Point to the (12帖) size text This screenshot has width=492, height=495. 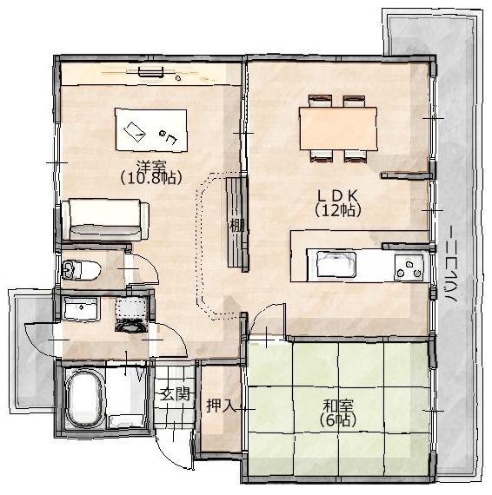tap(338, 210)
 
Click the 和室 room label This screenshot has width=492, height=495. tap(337, 405)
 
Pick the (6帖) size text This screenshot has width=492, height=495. tap(337, 419)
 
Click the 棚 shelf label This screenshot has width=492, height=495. tap(236, 225)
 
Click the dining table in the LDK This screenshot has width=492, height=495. tap(338, 129)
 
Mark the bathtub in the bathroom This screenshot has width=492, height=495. tap(84, 399)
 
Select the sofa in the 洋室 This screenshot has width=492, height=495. tap(105, 218)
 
